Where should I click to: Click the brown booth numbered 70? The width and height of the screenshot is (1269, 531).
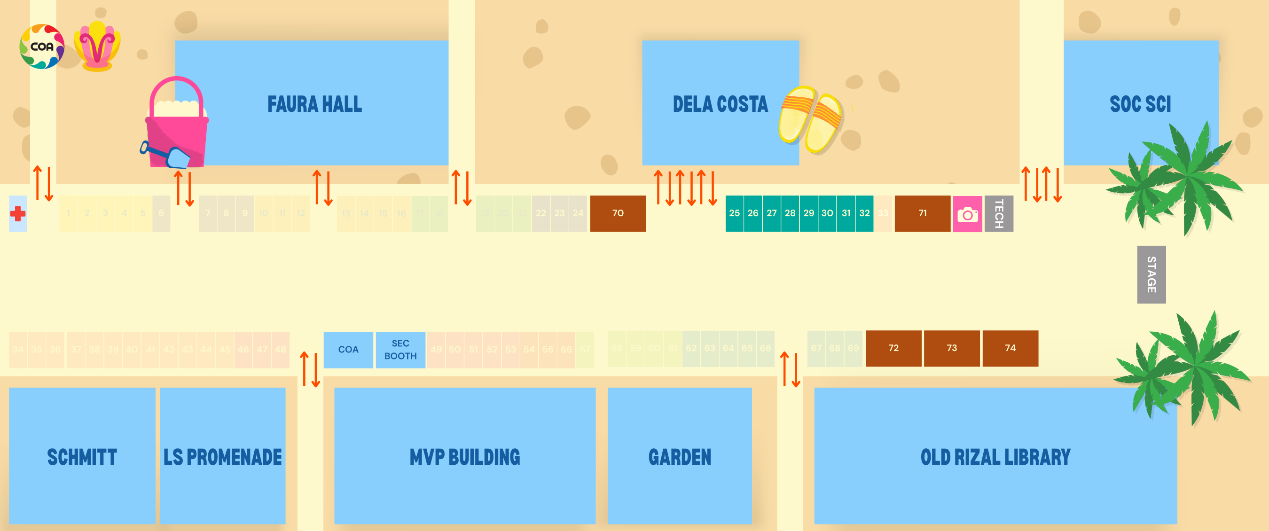618,213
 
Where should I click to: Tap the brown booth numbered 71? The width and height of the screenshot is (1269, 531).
922,213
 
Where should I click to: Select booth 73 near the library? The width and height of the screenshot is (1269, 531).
951,348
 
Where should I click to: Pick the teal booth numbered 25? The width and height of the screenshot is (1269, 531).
734,213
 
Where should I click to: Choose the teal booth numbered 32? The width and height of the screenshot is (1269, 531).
864,213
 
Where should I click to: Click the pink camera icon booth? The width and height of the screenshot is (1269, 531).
967,214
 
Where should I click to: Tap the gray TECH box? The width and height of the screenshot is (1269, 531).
999,213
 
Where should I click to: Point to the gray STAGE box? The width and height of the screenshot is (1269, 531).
1151,274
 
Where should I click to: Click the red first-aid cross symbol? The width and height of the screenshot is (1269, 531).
18,213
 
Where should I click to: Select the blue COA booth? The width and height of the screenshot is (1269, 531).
348,350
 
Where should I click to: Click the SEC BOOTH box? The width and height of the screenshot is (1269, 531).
400,350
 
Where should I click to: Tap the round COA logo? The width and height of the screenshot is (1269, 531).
42,47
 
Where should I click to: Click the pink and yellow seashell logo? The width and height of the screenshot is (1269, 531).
97,47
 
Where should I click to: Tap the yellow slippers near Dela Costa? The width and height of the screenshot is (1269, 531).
810,119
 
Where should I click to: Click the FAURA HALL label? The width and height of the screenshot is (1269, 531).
314,104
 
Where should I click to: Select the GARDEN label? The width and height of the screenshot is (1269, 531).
679,457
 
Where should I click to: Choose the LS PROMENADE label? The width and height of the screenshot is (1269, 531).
222,457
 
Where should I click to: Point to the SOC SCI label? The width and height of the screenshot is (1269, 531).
1140,104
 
